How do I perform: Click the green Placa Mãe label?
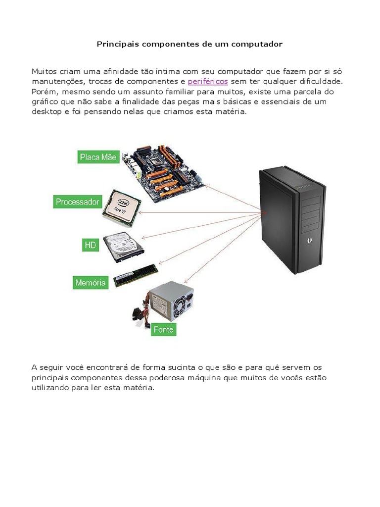point(98,157)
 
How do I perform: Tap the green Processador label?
point(78,202)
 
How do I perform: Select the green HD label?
point(90,245)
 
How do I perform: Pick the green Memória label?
point(90,283)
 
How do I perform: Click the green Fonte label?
point(164,329)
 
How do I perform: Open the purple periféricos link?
point(208,81)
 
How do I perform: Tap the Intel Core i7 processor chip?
point(121,207)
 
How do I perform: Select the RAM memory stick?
point(136,275)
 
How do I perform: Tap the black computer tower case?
point(292,220)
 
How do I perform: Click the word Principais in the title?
point(118,44)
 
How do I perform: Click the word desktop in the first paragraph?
point(46,112)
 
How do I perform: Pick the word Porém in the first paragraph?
point(42,92)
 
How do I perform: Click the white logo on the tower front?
point(310,242)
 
